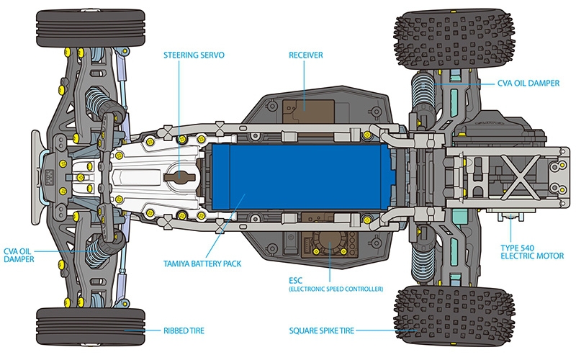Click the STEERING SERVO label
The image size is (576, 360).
click(194, 55)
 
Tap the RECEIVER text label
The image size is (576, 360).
click(305, 55)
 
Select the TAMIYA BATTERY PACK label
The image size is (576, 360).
click(202, 264)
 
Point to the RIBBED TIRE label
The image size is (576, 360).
click(184, 330)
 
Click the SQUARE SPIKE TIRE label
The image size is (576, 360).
click(321, 330)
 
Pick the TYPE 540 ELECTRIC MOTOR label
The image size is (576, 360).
click(532, 252)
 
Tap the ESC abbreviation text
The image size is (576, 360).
click(295, 281)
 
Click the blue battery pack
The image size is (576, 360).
click(301, 177)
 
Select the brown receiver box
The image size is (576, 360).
click(308, 111)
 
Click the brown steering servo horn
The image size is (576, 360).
click(179, 176)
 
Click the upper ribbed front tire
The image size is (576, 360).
click(91, 28)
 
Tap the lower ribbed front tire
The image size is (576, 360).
click(91, 327)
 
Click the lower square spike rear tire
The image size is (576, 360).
click(454, 315)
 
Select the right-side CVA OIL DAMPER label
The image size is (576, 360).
click(528, 84)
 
